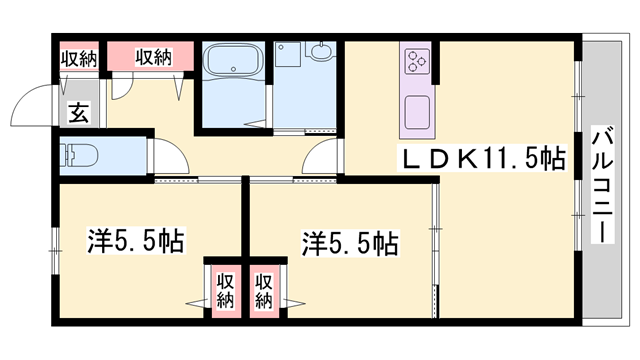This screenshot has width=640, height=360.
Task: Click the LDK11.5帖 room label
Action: click(x=484, y=157)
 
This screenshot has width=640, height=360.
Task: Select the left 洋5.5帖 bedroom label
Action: click(x=134, y=240)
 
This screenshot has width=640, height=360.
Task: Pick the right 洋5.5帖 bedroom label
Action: click(x=350, y=242)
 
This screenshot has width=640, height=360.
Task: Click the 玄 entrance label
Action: click(x=79, y=113)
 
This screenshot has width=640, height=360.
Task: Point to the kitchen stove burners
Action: click(x=416, y=62)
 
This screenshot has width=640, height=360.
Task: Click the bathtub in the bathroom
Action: click(x=232, y=68)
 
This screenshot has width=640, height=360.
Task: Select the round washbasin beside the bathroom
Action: click(x=320, y=54)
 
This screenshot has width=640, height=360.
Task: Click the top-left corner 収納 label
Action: click(x=79, y=57)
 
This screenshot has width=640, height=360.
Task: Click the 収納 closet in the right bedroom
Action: click(x=263, y=288)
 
